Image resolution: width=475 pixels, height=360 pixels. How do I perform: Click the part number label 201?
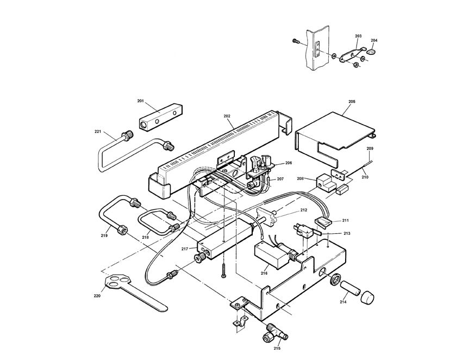(x=140, y=101)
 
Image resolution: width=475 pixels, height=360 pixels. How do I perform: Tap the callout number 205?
(x=352, y=102)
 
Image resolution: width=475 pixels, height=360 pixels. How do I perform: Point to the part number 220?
(x=97, y=296)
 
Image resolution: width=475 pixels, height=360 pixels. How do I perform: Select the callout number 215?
(x=277, y=348)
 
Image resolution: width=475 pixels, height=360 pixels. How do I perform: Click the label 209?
(x=370, y=148)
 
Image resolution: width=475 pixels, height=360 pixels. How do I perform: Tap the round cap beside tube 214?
(x=367, y=297)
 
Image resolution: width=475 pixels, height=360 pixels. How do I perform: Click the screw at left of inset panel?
(x=295, y=41)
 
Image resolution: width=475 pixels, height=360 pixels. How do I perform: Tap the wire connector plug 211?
(x=323, y=223)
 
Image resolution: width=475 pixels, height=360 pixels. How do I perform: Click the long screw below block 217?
(x=224, y=270)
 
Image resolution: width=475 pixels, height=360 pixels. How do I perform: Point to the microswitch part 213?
(x=304, y=231)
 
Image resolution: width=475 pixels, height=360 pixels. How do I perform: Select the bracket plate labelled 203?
(x=352, y=54)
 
